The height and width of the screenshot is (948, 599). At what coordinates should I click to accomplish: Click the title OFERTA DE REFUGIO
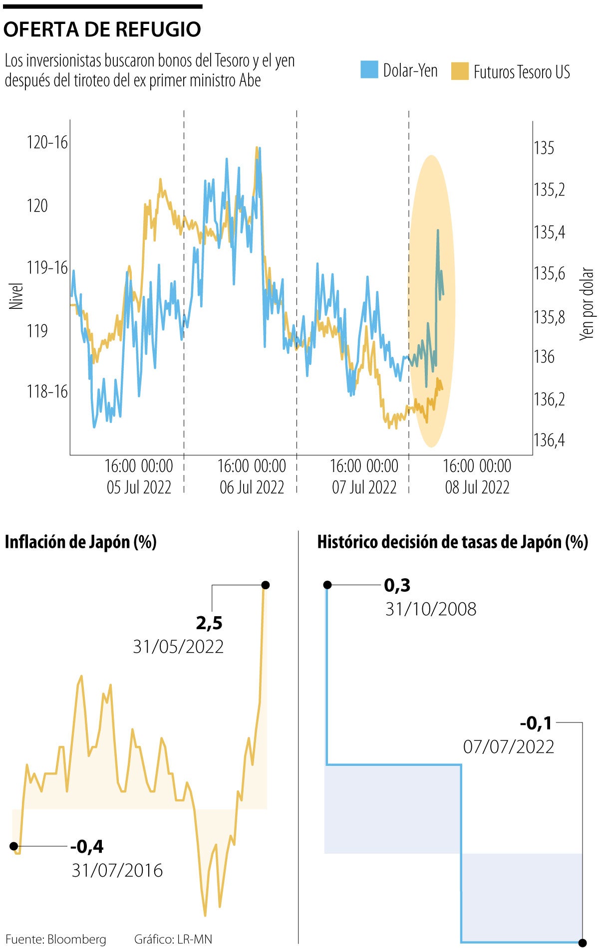(102, 29)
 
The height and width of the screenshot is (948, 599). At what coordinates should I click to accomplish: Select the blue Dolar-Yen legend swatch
(369, 70)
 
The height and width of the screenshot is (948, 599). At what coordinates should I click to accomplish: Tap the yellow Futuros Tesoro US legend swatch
(460, 71)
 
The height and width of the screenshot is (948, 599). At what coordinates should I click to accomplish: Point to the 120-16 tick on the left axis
(47, 142)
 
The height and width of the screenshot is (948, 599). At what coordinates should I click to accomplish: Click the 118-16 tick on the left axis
(47, 391)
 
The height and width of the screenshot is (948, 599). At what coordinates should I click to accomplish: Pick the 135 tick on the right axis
(544, 148)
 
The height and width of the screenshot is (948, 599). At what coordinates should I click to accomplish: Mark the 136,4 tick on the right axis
(549, 440)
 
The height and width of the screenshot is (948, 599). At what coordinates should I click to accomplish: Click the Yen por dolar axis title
(587, 304)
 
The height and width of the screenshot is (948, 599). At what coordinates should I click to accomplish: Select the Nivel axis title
(16, 296)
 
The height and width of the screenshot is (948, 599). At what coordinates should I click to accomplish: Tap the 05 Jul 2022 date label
(139, 487)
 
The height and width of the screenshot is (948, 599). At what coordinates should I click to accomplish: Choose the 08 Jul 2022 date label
(477, 487)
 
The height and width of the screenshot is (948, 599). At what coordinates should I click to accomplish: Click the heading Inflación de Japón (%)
(80, 542)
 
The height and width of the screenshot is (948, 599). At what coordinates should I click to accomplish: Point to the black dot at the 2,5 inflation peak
(266, 585)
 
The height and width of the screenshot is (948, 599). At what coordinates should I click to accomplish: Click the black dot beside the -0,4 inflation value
(14, 846)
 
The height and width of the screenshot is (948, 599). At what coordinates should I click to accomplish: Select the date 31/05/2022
(178, 647)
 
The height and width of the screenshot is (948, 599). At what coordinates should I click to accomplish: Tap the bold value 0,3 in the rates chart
(397, 585)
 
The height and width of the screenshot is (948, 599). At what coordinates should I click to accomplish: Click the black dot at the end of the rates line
(582, 943)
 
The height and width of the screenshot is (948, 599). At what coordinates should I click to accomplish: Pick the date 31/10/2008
(431, 609)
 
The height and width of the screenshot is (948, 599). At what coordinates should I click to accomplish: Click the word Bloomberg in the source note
(77, 940)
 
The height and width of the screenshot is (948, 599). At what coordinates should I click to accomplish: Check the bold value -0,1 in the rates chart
(536, 722)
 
